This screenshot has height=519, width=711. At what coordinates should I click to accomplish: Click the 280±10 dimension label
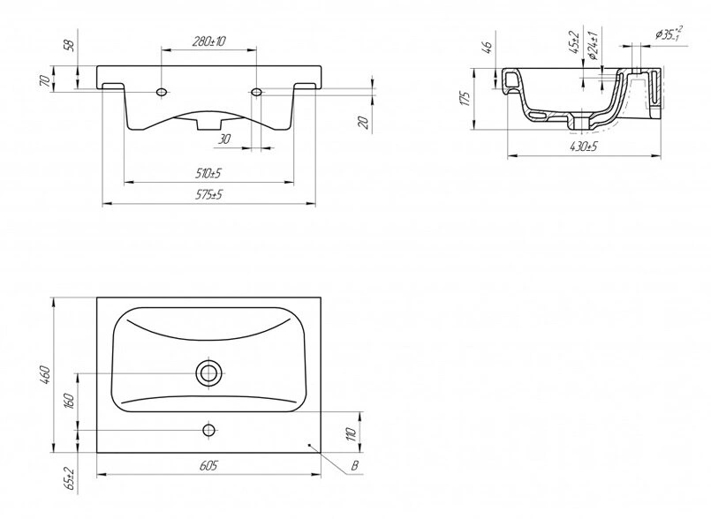pos(209,41)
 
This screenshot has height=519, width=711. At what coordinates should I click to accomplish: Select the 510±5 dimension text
pos(209,173)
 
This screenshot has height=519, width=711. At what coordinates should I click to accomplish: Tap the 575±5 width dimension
pos(209,195)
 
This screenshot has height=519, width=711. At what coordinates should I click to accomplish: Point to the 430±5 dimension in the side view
pos(585,147)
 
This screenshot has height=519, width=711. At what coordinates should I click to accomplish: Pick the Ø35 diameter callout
pos(668,34)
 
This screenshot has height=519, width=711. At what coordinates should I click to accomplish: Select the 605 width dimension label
pos(208,465)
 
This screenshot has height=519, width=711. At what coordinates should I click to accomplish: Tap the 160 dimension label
pos(70,401)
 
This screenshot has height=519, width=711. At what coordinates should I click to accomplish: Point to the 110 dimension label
pos(352,433)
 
